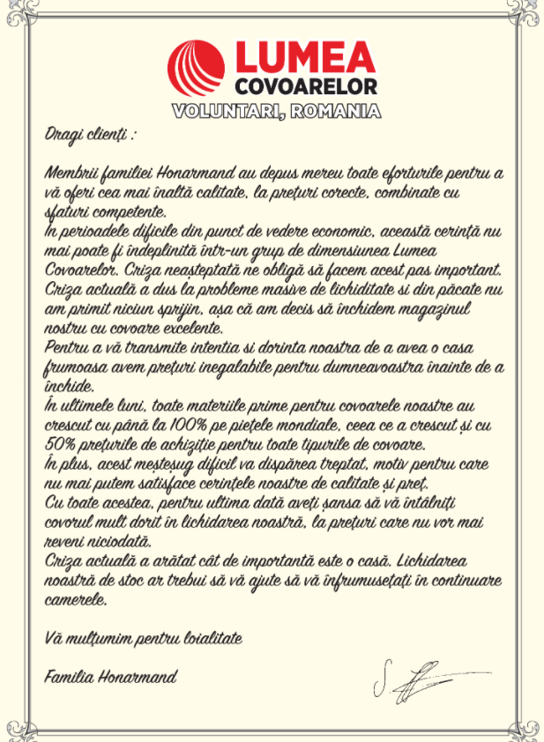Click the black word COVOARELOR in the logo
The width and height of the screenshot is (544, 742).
pyautogui.click(x=305, y=86)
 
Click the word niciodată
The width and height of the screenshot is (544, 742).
pyautogui.click(x=119, y=540)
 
